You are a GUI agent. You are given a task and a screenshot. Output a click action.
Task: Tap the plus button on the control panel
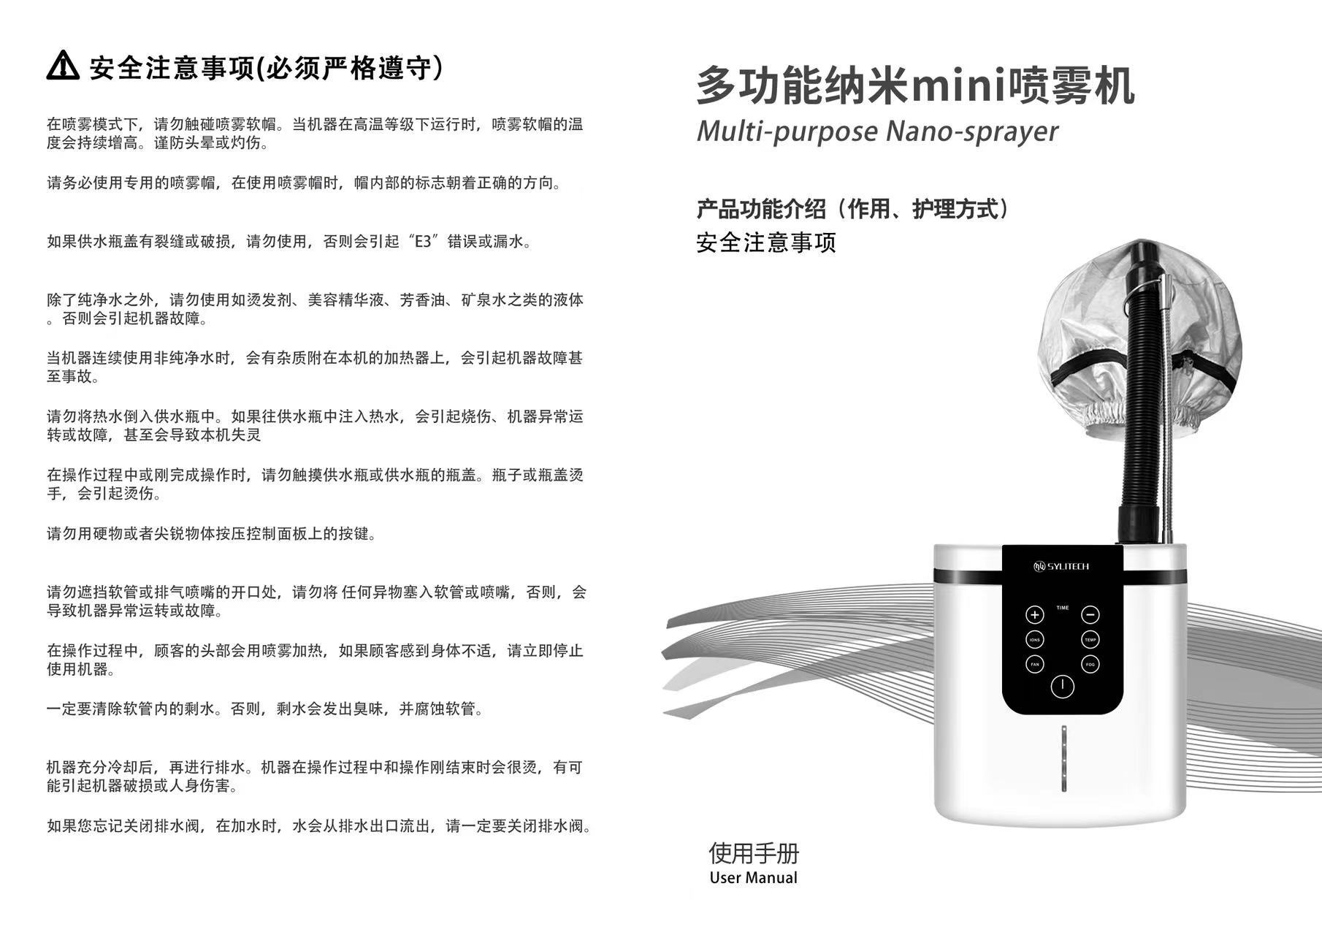1034,614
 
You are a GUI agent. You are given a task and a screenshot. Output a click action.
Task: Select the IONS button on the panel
1034,640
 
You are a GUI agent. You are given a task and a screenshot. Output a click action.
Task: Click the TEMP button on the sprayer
1090,640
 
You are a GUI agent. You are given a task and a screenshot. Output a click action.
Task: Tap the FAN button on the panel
1034,664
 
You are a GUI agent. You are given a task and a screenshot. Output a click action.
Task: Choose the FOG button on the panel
1090,664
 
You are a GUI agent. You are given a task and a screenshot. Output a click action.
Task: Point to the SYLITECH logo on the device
1061,566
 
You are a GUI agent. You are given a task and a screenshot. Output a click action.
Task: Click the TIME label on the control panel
1062,608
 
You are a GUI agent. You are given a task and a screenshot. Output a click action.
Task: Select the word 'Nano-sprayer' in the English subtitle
971,131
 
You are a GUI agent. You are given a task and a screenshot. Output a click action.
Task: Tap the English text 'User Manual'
753,877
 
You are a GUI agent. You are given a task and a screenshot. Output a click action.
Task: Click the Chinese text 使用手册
754,852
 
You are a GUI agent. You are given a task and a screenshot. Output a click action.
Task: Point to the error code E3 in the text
423,241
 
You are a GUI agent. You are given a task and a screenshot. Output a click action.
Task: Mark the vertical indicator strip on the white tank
1063,758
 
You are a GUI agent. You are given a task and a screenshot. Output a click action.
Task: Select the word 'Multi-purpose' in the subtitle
787,131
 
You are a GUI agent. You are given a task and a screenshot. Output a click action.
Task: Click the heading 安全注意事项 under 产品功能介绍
766,242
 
